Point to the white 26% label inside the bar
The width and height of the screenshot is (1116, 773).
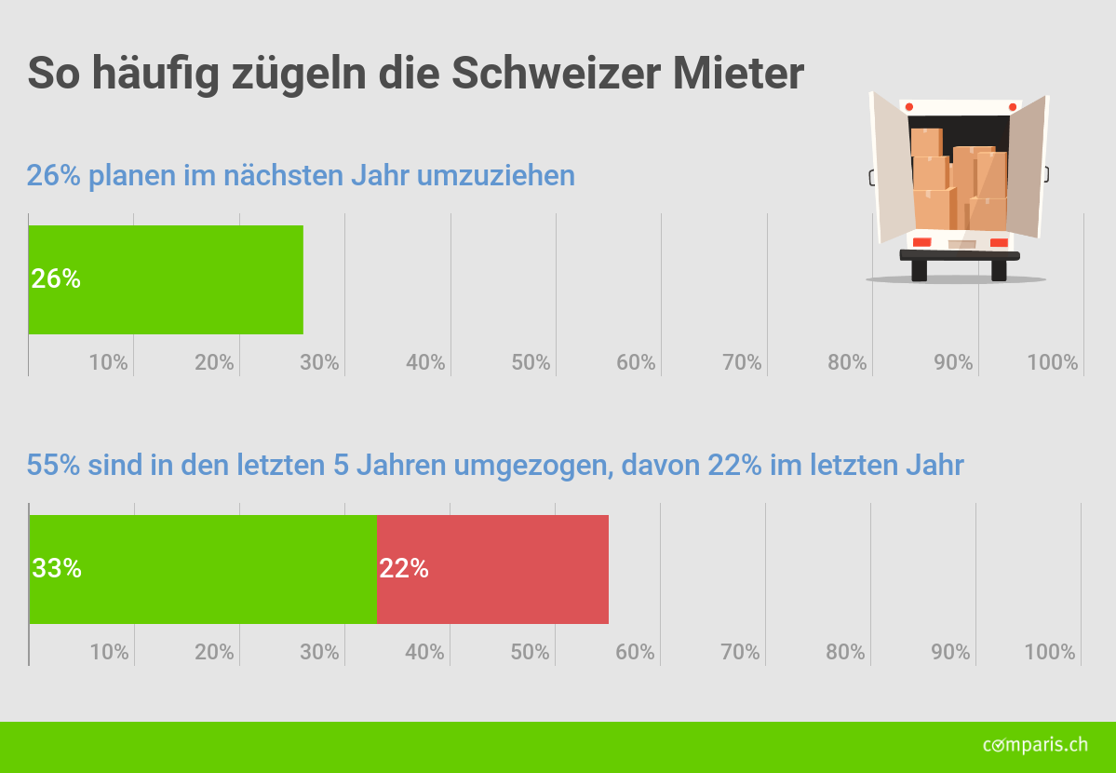[56, 278]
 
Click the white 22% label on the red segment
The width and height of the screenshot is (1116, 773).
[404, 568]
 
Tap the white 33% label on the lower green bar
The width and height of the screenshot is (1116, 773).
[57, 568]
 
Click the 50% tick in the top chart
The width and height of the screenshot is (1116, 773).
[531, 362]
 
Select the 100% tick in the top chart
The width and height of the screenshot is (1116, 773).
[1052, 362]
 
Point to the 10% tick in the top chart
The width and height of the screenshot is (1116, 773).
[108, 362]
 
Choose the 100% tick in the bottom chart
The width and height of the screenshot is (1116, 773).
[1049, 652]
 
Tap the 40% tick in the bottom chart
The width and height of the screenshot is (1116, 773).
[424, 652]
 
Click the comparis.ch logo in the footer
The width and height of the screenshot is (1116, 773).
[1035, 744]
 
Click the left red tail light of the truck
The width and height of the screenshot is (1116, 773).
[921, 242]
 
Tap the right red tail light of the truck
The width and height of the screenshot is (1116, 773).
[998, 242]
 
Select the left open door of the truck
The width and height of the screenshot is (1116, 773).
[890, 168]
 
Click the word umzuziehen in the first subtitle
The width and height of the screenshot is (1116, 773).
[495, 175]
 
